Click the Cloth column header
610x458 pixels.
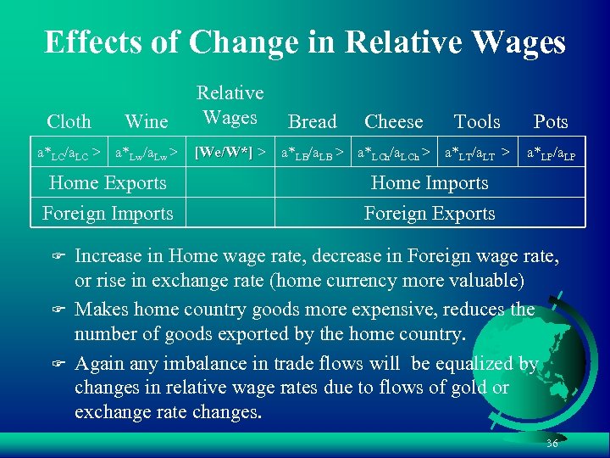tap(69, 122)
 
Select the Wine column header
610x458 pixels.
tap(146, 122)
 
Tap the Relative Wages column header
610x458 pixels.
tap(230, 104)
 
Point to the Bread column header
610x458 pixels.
tap(312, 122)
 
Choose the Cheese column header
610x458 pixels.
tap(393, 122)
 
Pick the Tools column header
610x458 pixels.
tap(477, 122)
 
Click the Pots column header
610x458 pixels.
tap(551, 122)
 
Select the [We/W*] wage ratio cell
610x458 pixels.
tap(223, 153)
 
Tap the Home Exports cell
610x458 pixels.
tap(108, 182)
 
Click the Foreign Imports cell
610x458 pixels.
tap(108, 214)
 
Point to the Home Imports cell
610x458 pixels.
tap(430, 183)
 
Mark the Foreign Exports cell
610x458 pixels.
tap(430, 214)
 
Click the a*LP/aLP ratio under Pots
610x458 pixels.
tap(551, 154)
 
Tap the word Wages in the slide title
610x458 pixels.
tap(513, 42)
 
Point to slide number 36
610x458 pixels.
tap(552, 444)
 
